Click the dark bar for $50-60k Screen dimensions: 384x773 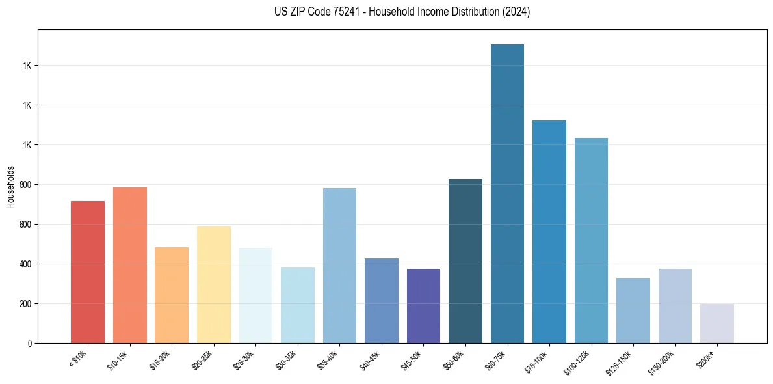pyautogui.click(x=465, y=261)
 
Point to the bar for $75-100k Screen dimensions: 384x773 pyautogui.click(x=549, y=232)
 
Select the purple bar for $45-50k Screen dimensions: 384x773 pyautogui.click(x=423, y=306)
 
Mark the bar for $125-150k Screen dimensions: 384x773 pyautogui.click(x=633, y=310)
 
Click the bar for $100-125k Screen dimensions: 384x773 pyautogui.click(x=591, y=240)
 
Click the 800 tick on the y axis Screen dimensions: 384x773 pyautogui.click(x=25, y=185)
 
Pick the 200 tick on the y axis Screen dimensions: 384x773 pyautogui.click(x=25, y=304)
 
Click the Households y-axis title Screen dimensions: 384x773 pyautogui.click(x=10, y=187)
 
